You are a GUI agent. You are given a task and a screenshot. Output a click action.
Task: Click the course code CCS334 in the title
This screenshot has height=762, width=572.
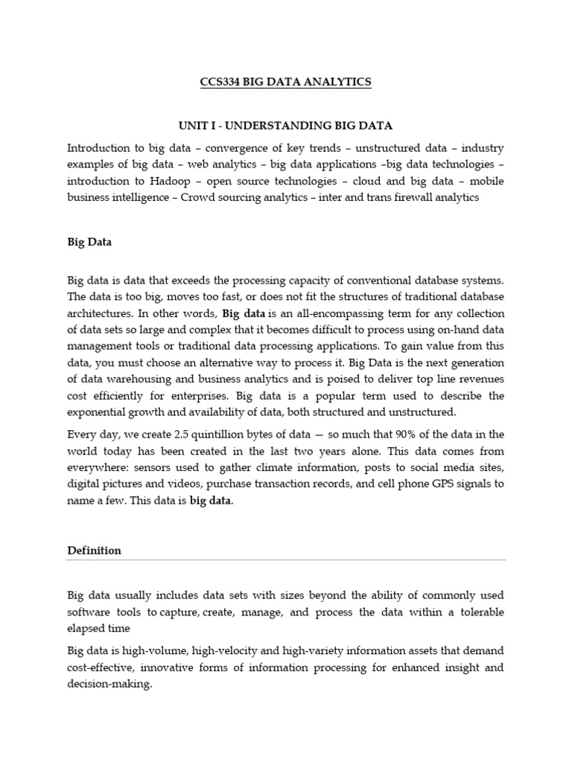tap(221, 82)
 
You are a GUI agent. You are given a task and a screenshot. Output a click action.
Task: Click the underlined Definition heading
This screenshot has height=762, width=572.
tap(94, 551)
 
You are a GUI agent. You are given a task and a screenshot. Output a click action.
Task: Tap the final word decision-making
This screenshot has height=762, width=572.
tap(109, 685)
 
